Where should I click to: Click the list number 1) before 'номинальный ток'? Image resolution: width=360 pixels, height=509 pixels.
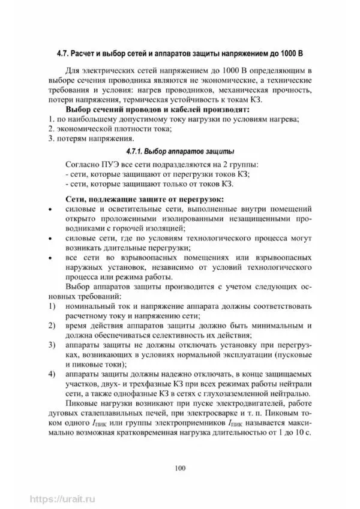point(52,307)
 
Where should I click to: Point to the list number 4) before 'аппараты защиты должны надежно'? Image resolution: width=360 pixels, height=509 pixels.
point(52,375)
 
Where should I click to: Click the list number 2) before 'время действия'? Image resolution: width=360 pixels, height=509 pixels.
point(52,326)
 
